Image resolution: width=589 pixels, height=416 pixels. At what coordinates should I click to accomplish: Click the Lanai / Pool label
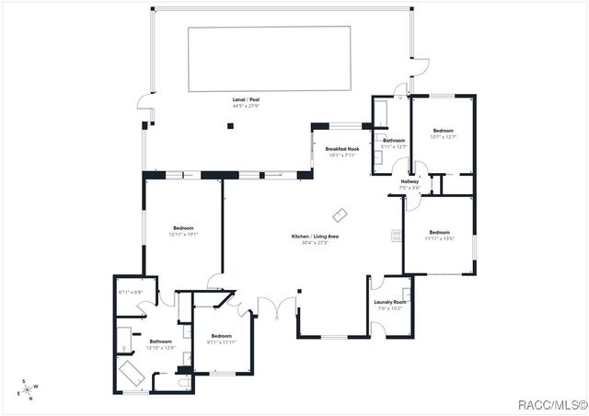coord(243,100)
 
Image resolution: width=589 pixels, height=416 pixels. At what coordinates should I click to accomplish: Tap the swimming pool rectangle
coord(269,59)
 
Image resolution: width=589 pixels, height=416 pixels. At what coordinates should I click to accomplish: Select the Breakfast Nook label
coord(342,150)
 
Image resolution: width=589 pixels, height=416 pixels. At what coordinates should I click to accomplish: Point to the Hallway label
coord(410,181)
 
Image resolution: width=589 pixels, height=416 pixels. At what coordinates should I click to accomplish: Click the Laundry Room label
coord(389,302)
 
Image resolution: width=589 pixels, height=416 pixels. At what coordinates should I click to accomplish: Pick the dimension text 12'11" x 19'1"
coord(184,234)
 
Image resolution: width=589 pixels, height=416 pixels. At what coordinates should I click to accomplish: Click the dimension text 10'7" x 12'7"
coord(444,137)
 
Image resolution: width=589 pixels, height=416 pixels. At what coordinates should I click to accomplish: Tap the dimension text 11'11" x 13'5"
coord(439,237)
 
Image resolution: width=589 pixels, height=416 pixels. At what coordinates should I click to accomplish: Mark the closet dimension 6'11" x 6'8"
coord(130,293)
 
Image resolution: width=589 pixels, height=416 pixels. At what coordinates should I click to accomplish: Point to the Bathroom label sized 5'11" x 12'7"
coord(394,145)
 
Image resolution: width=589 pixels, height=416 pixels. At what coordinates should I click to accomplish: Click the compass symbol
coord(29,390)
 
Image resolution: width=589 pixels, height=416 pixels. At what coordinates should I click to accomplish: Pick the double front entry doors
coord(267,308)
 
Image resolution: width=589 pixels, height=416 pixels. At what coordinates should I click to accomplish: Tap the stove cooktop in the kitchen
coord(398,236)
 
